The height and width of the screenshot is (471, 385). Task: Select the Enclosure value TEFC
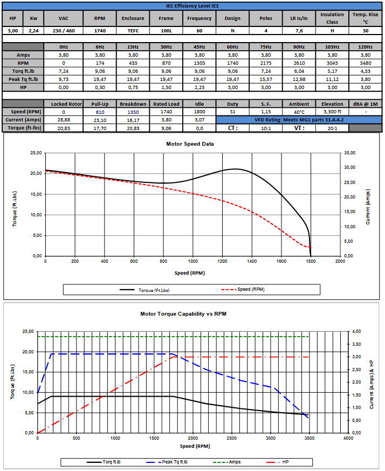(133, 31)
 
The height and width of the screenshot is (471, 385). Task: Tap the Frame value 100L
(166, 31)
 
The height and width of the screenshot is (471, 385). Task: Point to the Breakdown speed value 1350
(133, 112)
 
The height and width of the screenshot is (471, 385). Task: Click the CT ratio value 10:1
(266, 128)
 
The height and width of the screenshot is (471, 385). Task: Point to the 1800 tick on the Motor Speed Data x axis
(310, 261)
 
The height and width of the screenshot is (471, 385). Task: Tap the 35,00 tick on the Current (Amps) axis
(349, 153)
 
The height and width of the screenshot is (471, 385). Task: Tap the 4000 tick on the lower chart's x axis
(348, 438)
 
